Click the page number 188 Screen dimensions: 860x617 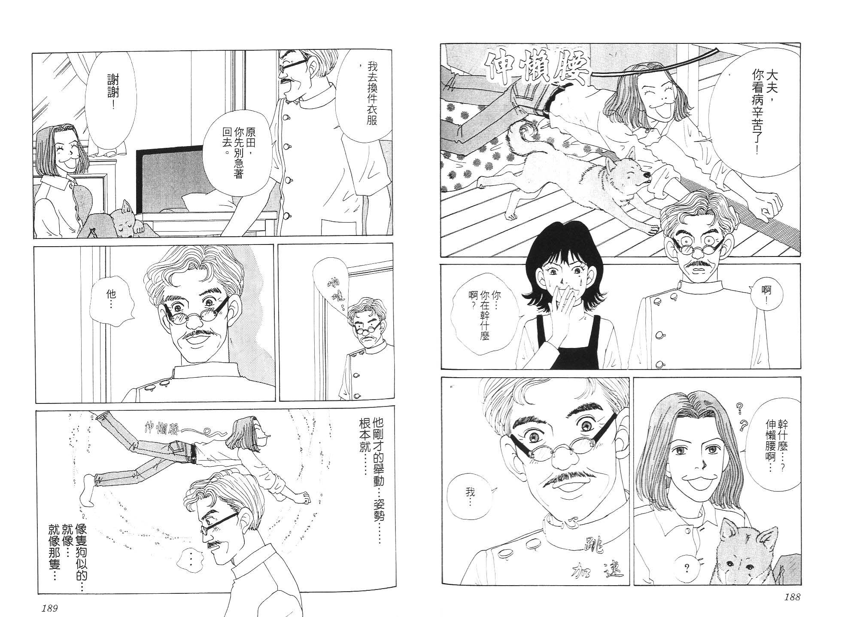(791, 597)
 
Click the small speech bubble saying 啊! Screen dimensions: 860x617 (769, 296)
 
